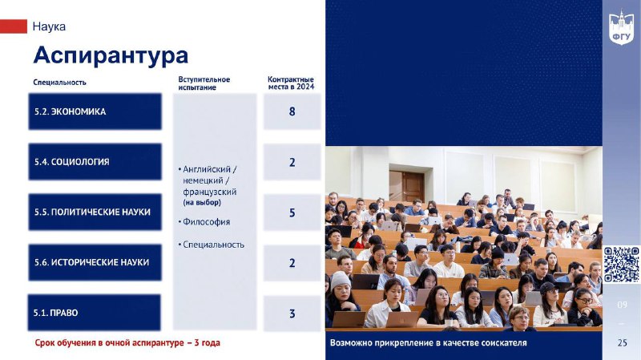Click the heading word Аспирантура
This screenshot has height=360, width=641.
(111, 55)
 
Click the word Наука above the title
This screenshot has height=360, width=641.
(49, 26)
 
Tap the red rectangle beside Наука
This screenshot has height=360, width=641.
(14, 26)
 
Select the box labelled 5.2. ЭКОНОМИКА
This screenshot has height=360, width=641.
(95, 111)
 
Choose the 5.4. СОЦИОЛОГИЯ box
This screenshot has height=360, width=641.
(95, 162)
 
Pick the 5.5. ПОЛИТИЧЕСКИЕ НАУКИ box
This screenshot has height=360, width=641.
(95, 212)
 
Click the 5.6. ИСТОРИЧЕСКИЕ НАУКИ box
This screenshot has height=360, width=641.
(95, 262)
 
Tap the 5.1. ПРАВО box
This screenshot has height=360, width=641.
(94, 313)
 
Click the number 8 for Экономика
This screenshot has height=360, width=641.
(292, 111)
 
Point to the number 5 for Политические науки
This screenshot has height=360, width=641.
(292, 212)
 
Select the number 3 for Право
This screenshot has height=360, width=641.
(292, 313)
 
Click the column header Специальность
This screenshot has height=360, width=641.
(59, 83)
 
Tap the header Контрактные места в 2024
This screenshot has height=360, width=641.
(291, 83)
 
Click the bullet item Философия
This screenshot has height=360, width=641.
(207, 222)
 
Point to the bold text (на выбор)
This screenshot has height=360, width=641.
(202, 203)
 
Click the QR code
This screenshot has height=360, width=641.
(622, 265)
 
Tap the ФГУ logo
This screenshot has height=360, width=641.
(622, 27)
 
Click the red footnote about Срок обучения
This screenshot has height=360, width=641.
(127, 343)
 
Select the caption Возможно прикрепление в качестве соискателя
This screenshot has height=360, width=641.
(429, 343)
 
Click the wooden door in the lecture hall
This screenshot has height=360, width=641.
(413, 187)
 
